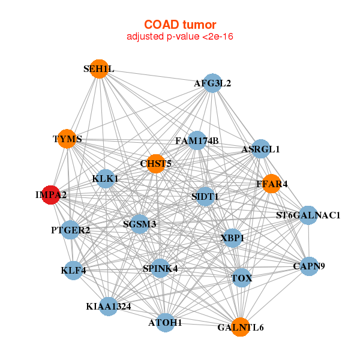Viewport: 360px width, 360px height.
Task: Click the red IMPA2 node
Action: point(50,194)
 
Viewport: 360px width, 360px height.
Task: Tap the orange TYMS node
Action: point(67,139)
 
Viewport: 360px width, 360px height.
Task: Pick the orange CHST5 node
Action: point(156,164)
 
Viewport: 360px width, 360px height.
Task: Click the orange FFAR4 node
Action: point(272,184)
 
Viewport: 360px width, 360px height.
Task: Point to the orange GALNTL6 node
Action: point(240,327)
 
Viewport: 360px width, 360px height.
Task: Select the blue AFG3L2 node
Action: point(212,83)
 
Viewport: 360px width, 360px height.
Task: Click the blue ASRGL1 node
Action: point(260,148)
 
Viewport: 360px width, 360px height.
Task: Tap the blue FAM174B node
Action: point(197,140)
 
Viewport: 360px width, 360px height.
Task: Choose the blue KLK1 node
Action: point(106,178)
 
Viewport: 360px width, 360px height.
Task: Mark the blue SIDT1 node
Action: point(205,196)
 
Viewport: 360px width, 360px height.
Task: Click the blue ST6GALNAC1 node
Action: point(308,215)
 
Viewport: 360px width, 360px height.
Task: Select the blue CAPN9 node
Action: point(309,266)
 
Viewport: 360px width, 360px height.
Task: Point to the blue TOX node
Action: point(241,278)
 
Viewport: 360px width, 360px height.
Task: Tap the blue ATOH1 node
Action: point(165,322)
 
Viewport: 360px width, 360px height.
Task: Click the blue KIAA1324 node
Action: point(108,307)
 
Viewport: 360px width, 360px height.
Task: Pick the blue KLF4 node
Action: point(73,270)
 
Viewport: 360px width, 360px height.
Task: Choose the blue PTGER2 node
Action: point(70,230)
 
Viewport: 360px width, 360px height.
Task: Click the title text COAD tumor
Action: point(179,25)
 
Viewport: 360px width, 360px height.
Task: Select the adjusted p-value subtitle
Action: point(179,37)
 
